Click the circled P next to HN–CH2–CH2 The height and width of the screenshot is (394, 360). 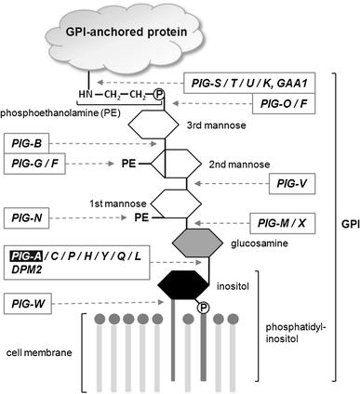pos(158,95)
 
